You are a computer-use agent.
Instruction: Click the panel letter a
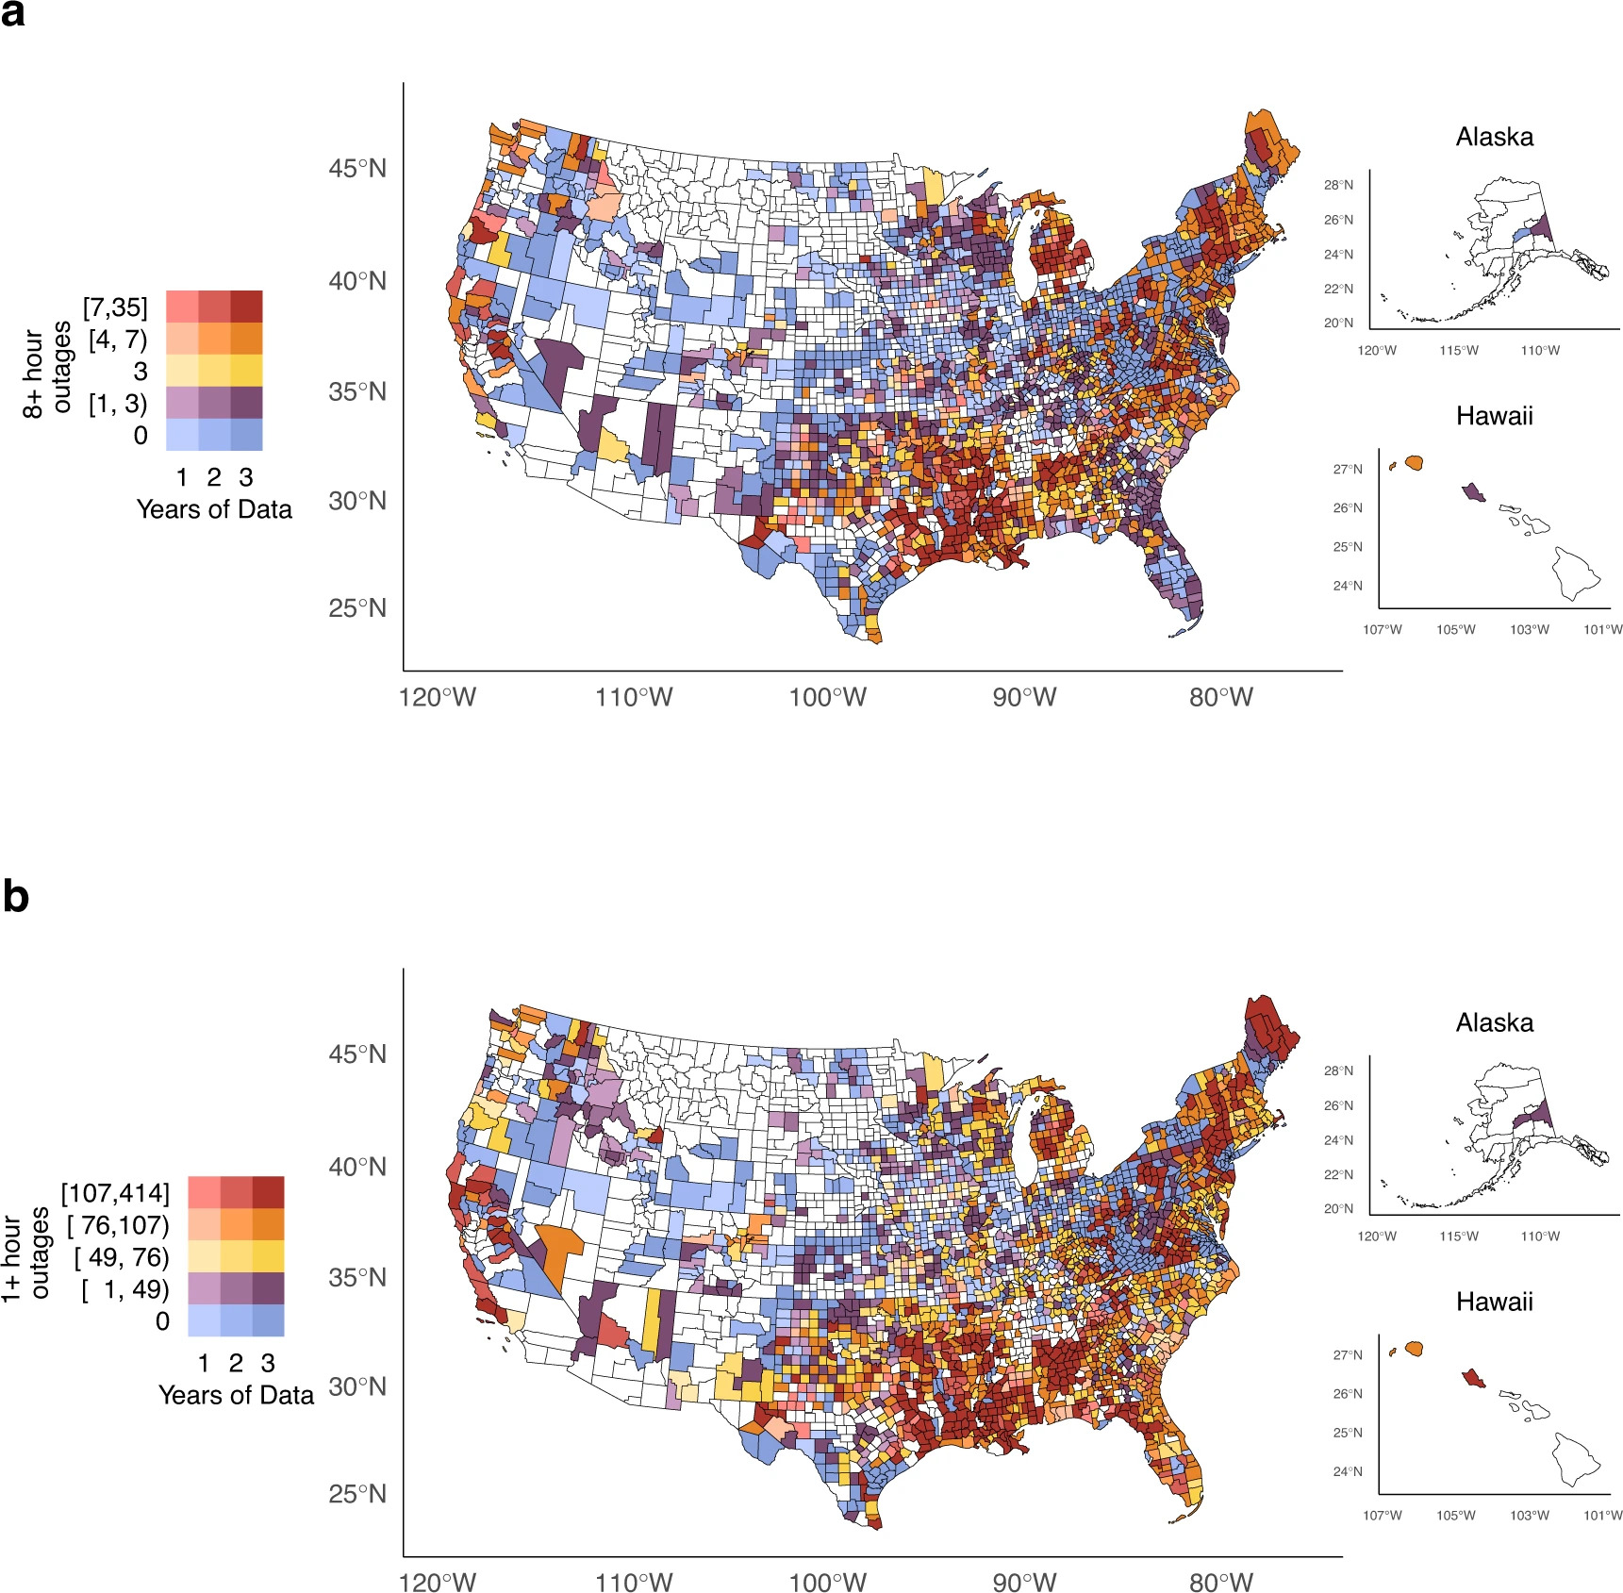click(13, 14)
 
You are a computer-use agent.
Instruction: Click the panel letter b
click(15, 895)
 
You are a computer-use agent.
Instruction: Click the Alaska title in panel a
click(1494, 138)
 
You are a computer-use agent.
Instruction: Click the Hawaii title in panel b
click(1494, 1302)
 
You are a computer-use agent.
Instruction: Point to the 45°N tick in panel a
click(357, 169)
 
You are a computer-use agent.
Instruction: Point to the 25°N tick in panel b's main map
click(357, 1494)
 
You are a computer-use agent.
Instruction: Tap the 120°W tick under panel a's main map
click(438, 698)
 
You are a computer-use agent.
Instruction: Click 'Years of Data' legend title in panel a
click(214, 509)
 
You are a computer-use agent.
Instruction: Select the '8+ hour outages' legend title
click(47, 372)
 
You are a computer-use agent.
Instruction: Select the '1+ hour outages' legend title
click(25, 1256)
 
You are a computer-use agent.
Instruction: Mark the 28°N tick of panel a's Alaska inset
click(1338, 185)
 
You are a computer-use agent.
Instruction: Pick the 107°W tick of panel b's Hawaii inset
click(1382, 1515)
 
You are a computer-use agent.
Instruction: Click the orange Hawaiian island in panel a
click(1413, 463)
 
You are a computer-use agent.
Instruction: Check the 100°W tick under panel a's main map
click(827, 698)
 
